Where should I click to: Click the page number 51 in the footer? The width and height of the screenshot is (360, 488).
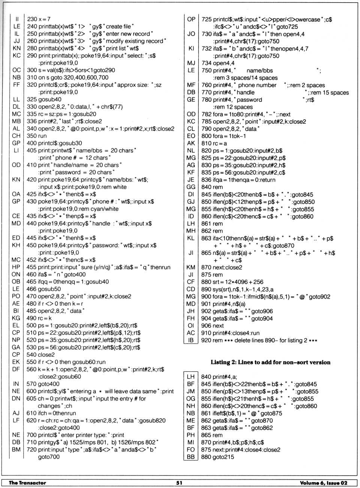click(x=179, y=483)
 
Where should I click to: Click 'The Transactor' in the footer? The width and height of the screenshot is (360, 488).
click(x=27, y=483)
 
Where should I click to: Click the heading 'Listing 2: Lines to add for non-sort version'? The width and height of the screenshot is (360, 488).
click(x=270, y=362)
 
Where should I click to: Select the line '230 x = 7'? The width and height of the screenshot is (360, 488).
click(x=39, y=19)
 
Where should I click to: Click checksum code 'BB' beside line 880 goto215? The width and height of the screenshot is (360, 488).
click(x=190, y=457)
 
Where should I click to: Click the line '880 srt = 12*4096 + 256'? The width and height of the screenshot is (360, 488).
click(x=232, y=282)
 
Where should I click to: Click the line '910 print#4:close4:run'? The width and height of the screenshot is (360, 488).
click(x=230, y=333)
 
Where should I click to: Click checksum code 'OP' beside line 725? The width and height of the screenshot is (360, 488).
click(x=191, y=19)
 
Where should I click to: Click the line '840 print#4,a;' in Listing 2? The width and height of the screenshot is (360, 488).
click(x=219, y=377)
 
